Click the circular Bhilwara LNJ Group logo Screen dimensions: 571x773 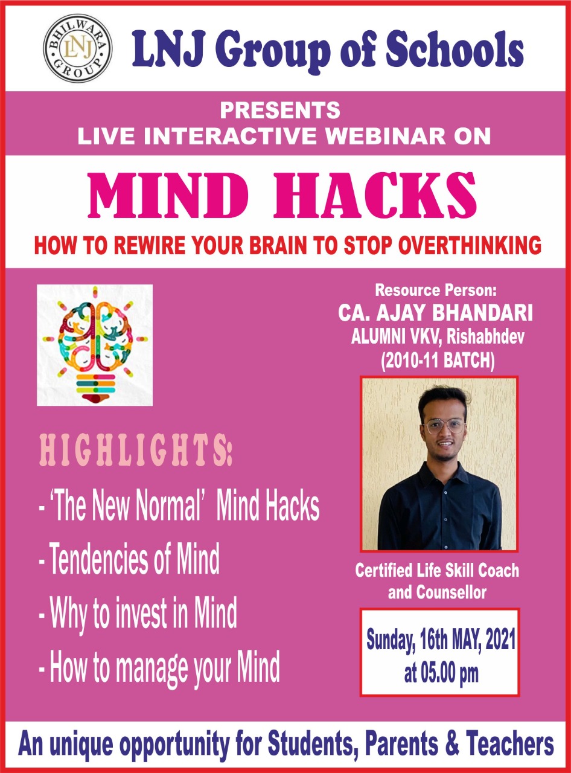(x=77, y=48)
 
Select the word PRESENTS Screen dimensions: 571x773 (x=279, y=111)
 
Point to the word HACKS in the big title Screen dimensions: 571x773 (x=374, y=196)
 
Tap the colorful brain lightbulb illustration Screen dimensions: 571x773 (x=95, y=345)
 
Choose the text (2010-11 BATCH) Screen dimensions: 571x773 (x=438, y=361)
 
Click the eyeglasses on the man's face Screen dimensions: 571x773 (x=445, y=426)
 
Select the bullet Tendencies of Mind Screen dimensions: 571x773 (x=130, y=559)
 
